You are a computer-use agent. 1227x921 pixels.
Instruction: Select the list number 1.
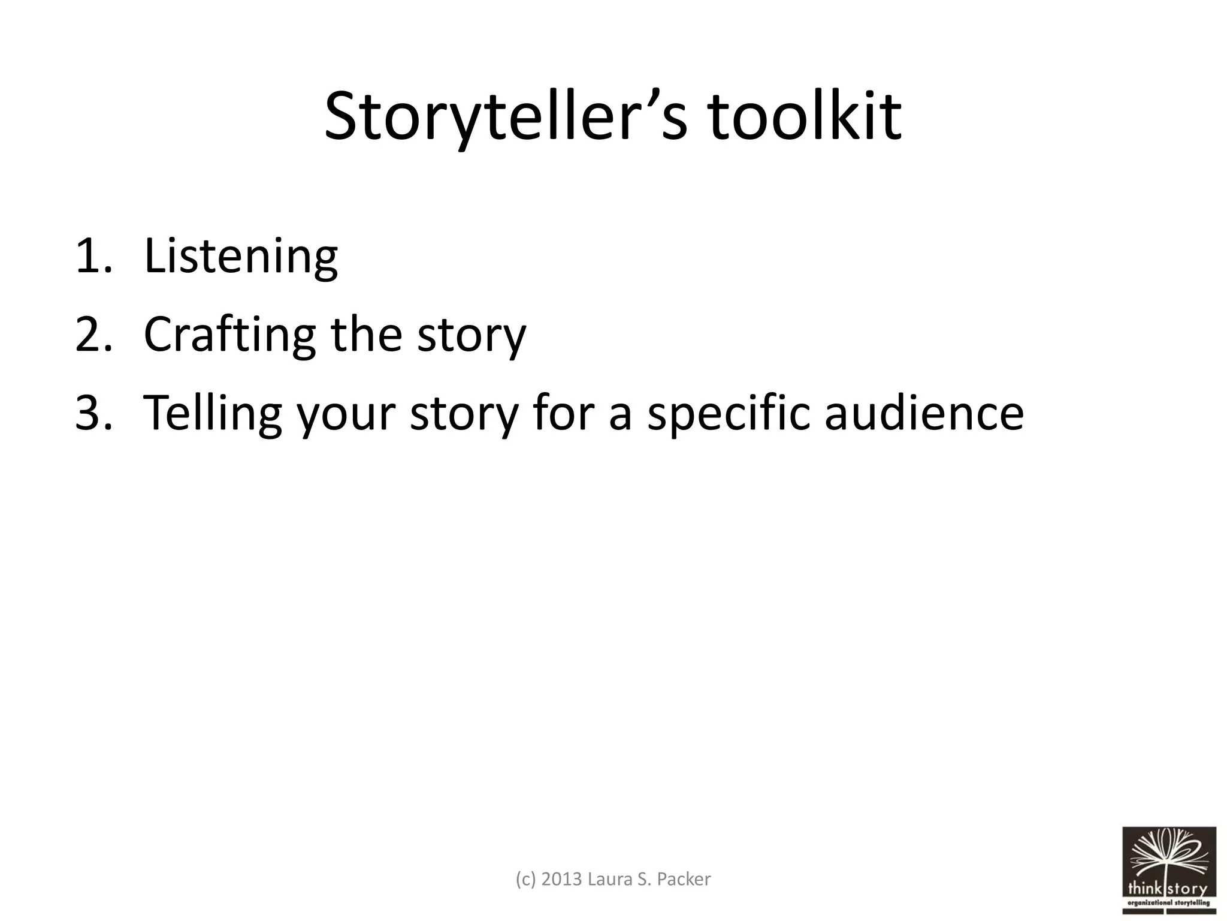(x=93, y=257)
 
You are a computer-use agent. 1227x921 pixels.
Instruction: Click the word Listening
(x=241, y=257)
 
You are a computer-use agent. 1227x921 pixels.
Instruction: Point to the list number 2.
(x=93, y=335)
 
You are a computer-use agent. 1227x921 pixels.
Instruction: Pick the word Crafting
(x=229, y=335)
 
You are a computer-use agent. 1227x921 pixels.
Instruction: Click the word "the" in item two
(x=366, y=335)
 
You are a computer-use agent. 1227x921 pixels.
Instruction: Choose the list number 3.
(x=93, y=413)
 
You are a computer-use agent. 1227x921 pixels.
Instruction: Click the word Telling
(x=213, y=413)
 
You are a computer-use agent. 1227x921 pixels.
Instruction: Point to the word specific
(x=728, y=413)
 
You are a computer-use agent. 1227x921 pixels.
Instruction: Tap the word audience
(x=924, y=413)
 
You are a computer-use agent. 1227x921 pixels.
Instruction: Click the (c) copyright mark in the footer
(x=526, y=879)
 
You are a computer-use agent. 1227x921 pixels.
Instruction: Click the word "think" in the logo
(x=1146, y=888)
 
